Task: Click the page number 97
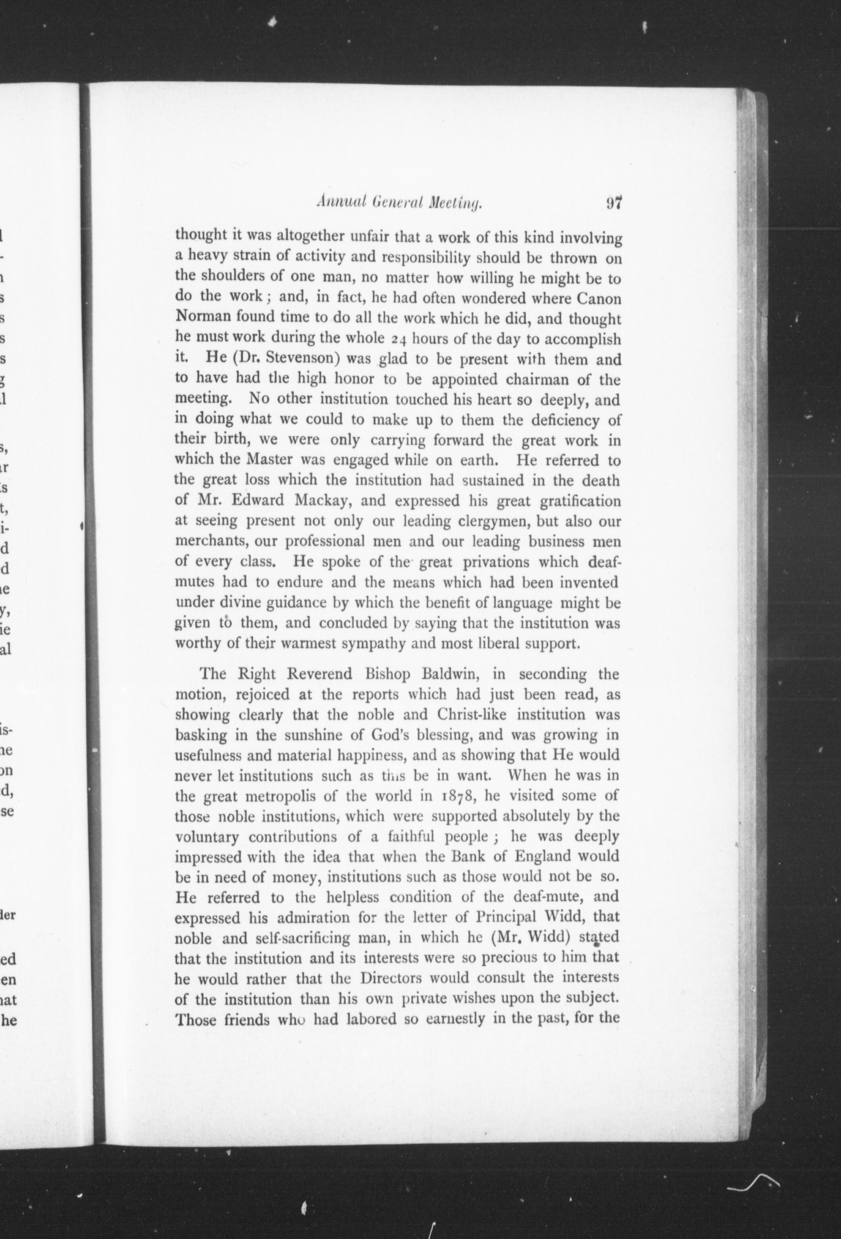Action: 614,203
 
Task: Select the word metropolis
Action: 292,796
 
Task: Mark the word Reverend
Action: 318,674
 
